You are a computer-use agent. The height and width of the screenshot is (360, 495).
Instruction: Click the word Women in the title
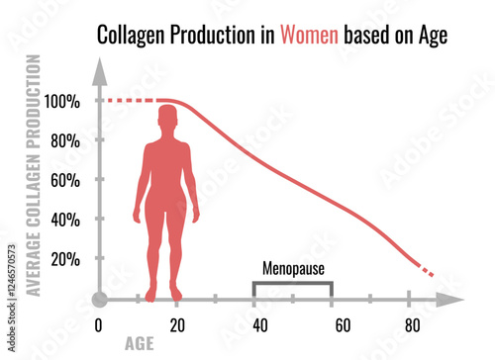310,36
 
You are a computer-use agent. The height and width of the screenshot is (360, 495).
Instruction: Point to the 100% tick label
61,101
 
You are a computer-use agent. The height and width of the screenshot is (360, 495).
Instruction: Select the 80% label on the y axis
64,140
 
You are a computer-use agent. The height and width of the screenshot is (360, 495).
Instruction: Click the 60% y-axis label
64,180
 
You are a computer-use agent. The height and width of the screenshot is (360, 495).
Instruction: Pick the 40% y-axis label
64,220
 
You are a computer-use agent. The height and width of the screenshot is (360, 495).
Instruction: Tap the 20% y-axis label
64,259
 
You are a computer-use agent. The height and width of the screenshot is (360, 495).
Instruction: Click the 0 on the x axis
98,325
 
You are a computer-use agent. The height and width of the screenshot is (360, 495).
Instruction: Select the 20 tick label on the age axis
176,325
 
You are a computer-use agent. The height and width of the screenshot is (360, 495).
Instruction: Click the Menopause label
294,268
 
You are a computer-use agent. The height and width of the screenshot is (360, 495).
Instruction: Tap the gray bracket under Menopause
293,284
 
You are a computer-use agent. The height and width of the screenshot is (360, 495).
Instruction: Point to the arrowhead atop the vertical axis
98,70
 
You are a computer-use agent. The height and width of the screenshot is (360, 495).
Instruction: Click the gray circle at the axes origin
98,299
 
